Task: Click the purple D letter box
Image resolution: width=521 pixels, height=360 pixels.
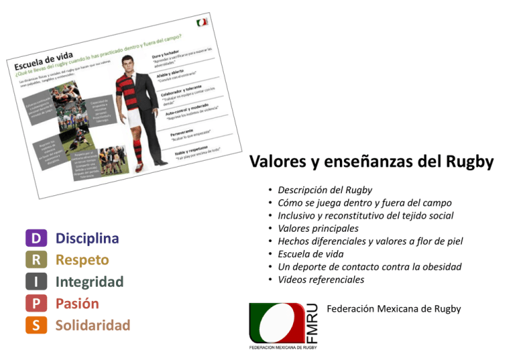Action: [x=36, y=238]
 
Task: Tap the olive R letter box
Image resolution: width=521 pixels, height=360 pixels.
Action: [x=36, y=260]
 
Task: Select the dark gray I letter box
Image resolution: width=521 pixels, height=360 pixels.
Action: [x=36, y=281]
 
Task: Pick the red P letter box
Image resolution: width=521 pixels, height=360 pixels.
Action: [x=36, y=303]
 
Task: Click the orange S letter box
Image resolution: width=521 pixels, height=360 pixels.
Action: [x=36, y=325]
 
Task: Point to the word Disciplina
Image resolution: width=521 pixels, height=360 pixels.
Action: [x=87, y=238]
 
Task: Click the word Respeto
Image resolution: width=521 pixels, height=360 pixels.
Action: [x=82, y=260]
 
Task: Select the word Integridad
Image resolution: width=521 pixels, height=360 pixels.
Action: [x=90, y=281]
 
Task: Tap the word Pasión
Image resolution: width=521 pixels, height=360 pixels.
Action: [x=77, y=303]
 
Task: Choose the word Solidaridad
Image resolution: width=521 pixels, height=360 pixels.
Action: [x=93, y=325]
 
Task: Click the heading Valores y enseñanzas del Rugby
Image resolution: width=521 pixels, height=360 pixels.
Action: [x=371, y=162]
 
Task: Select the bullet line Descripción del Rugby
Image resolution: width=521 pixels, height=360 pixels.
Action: [x=326, y=191]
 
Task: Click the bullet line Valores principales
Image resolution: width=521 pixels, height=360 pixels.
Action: [x=320, y=228]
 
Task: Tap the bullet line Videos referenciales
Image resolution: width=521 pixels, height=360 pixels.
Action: [x=322, y=279]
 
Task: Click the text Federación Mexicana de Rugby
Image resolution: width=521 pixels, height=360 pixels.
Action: [x=393, y=309]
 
